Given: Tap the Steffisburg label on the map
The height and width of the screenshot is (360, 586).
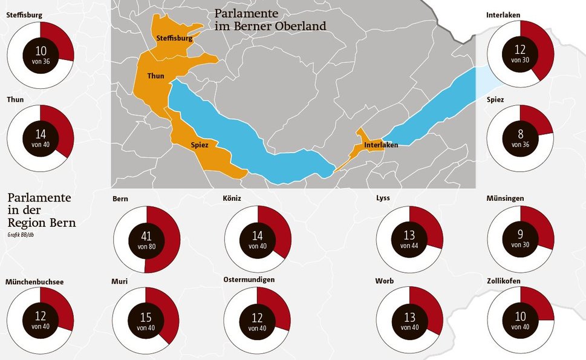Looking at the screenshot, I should click(x=174, y=38).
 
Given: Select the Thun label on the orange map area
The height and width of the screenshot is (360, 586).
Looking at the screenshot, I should click(x=155, y=76).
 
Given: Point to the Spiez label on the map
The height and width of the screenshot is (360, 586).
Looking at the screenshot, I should click(x=200, y=145).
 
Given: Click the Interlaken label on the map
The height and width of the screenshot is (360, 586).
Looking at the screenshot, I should click(x=381, y=145).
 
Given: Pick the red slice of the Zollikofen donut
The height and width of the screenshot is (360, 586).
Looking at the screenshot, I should click(x=538, y=301).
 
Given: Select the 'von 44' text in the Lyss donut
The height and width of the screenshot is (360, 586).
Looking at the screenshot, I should click(x=409, y=246).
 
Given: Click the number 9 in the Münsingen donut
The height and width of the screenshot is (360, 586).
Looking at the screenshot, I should click(x=520, y=234).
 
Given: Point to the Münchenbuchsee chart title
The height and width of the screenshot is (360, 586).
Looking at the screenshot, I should click(x=34, y=282).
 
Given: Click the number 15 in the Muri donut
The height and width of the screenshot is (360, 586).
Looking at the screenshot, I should click(x=146, y=316).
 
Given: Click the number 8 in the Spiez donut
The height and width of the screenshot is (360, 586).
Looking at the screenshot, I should click(x=520, y=134).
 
